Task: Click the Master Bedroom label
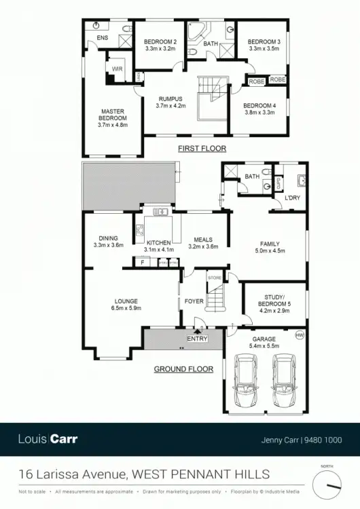pos(112,117)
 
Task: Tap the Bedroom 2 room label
pos(160,45)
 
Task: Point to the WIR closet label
pos(117,69)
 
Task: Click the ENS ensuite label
pos(103,38)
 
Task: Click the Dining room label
pos(109,242)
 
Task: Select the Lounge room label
pos(126,305)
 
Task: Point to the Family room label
pos(270,247)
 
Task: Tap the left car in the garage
pos(245,383)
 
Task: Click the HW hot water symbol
pos(300,336)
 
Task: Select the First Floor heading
pos(202,148)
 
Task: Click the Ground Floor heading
pos(180,369)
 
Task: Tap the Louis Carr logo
pos(48,439)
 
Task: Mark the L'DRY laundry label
pos(293,197)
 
